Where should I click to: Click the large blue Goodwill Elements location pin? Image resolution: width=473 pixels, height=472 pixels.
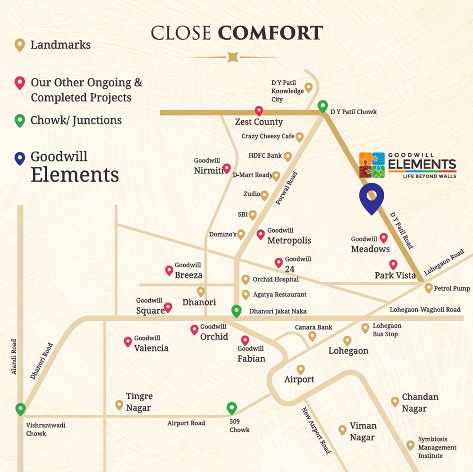(x=372, y=196)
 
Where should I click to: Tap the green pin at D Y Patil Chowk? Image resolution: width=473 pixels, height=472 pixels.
(x=322, y=106)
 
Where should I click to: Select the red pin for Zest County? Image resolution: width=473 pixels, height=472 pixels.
(x=259, y=111)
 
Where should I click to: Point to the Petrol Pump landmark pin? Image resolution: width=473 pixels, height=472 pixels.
(x=429, y=287)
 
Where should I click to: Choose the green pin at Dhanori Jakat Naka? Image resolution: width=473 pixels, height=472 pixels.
(x=236, y=311)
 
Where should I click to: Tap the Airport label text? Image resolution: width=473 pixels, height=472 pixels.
(x=299, y=379)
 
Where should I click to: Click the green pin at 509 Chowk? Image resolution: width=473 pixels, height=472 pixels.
(x=231, y=408)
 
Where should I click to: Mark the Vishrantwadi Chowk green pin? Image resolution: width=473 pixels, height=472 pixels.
(x=20, y=409)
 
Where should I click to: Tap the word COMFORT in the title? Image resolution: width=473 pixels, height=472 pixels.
(x=270, y=34)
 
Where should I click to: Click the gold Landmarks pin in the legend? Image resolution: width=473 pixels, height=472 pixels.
(x=19, y=45)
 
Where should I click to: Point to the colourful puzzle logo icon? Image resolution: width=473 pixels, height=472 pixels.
(x=372, y=165)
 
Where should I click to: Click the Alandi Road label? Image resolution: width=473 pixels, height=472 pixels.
(x=14, y=357)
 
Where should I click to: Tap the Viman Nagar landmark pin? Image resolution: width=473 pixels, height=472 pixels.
(x=343, y=430)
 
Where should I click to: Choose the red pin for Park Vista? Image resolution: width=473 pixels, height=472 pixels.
(x=393, y=264)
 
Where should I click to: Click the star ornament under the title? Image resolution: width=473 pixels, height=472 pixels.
(x=232, y=57)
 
